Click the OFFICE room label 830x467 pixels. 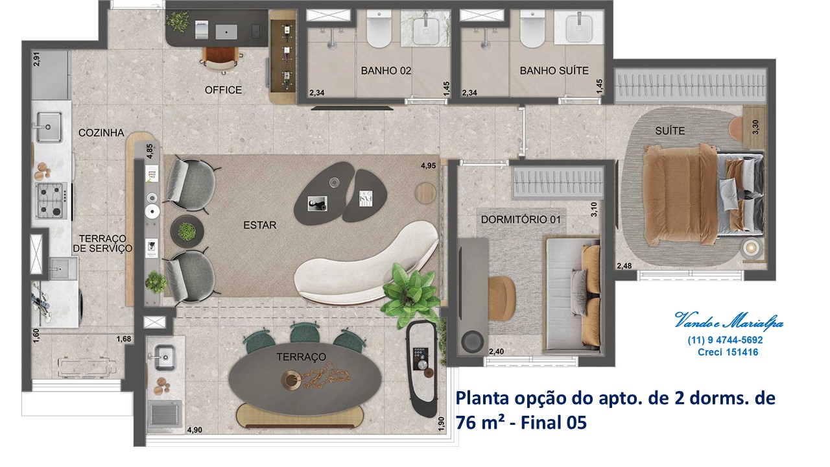point(223,90)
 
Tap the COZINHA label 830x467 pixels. point(101,133)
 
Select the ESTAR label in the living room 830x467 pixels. point(260,225)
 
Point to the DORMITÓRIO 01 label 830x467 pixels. point(521,219)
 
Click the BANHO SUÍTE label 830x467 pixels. point(554,71)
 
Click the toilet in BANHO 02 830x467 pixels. point(379,29)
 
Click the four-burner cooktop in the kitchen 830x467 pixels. point(51,201)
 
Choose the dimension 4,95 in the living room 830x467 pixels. point(428,165)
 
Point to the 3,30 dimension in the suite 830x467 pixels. point(755,127)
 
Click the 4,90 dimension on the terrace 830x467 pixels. point(195,430)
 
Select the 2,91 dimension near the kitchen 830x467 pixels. point(36,59)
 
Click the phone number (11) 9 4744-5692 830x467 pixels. point(725,340)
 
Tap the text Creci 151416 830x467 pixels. point(728,352)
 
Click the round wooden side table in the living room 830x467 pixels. point(425,193)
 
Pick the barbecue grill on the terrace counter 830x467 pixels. point(165,414)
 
